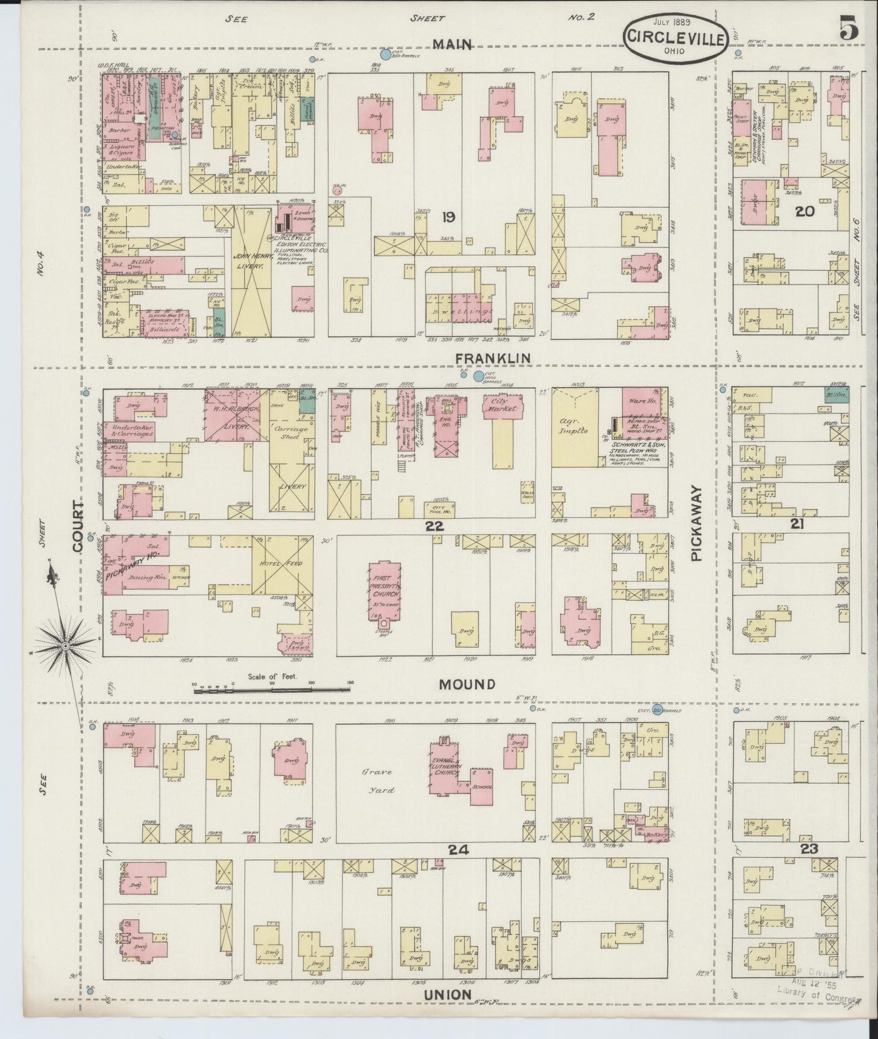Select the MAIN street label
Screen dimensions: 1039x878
[x=452, y=44]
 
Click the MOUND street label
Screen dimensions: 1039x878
[x=467, y=684]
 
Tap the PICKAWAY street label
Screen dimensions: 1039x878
[x=696, y=523]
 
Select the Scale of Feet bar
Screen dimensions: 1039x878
[x=273, y=688]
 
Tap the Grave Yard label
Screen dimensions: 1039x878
[x=378, y=781]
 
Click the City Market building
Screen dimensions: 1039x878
[x=503, y=408]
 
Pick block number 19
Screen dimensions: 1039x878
[x=449, y=217]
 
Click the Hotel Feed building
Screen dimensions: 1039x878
[x=283, y=565]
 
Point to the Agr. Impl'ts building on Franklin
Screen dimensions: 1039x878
[x=574, y=428]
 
